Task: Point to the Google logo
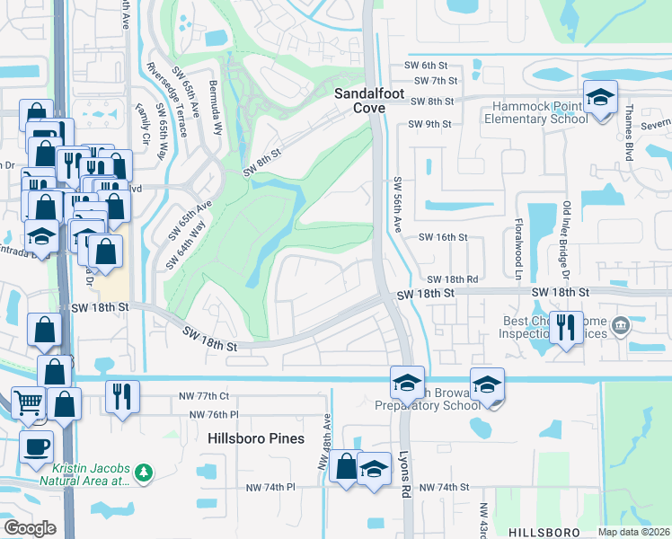(30, 528)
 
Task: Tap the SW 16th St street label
(445, 237)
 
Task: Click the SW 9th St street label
(428, 124)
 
